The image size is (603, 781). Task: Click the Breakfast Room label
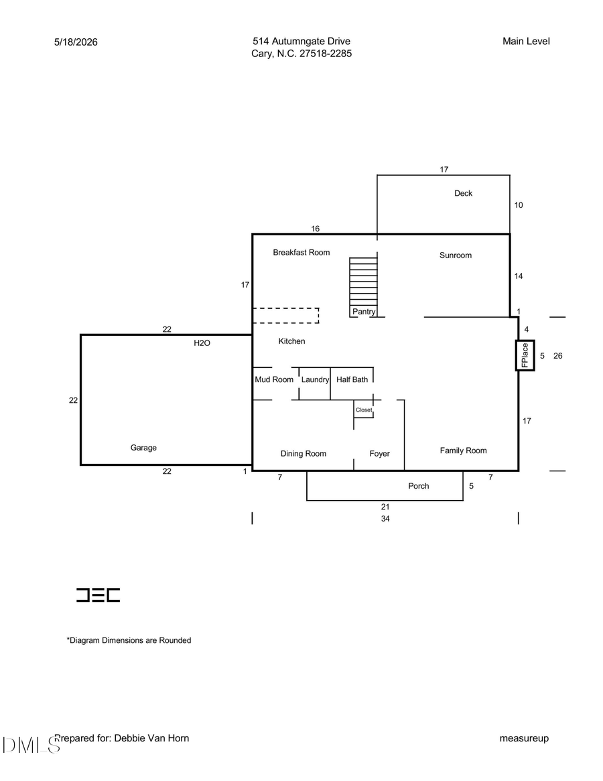(x=301, y=253)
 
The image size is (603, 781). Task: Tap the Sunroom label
(x=455, y=255)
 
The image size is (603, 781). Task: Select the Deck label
(x=463, y=193)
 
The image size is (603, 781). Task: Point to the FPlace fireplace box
(x=525, y=355)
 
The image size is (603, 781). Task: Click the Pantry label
(x=364, y=311)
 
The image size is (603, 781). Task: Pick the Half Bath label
(x=352, y=379)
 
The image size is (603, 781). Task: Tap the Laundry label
(x=315, y=379)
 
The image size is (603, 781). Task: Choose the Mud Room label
(x=274, y=379)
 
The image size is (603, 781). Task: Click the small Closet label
(x=364, y=410)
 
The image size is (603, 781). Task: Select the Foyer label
(x=379, y=454)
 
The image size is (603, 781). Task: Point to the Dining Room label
(x=304, y=454)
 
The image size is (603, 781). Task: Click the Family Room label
(x=463, y=450)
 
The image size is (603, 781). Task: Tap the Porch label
(x=418, y=486)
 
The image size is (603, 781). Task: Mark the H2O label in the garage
(x=202, y=343)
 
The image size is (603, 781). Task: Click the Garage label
(x=143, y=448)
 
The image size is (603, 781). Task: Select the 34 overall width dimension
(x=385, y=518)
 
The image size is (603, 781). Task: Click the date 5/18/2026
(x=76, y=42)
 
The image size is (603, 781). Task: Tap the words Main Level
(x=526, y=42)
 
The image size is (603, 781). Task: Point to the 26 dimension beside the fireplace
(x=557, y=355)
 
